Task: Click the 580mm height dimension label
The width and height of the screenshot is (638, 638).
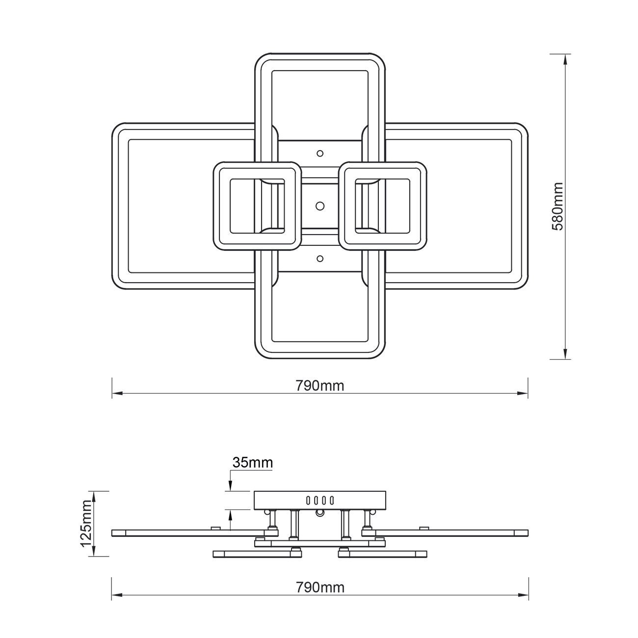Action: click(558, 206)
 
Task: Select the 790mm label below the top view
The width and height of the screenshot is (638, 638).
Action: click(320, 386)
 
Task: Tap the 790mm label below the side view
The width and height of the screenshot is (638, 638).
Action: click(320, 587)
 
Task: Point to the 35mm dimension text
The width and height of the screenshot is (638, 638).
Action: click(253, 462)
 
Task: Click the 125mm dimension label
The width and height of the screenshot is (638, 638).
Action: click(86, 524)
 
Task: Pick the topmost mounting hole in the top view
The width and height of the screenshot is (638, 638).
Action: click(320, 154)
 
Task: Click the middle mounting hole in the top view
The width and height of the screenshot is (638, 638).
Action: click(320, 205)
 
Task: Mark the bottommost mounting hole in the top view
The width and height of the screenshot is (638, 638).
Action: click(320, 258)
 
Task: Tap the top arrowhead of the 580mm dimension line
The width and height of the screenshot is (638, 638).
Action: click(566, 59)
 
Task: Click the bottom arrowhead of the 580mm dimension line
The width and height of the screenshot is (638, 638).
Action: click(566, 354)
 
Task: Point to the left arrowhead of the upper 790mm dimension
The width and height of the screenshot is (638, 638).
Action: click(117, 394)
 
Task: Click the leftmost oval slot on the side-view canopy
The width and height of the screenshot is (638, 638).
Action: click(308, 501)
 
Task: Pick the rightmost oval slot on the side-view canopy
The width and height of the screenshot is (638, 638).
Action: click(332, 501)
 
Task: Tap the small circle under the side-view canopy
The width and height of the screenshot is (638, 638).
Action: click(320, 513)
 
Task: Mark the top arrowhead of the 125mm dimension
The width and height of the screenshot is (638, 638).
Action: click(93, 496)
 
